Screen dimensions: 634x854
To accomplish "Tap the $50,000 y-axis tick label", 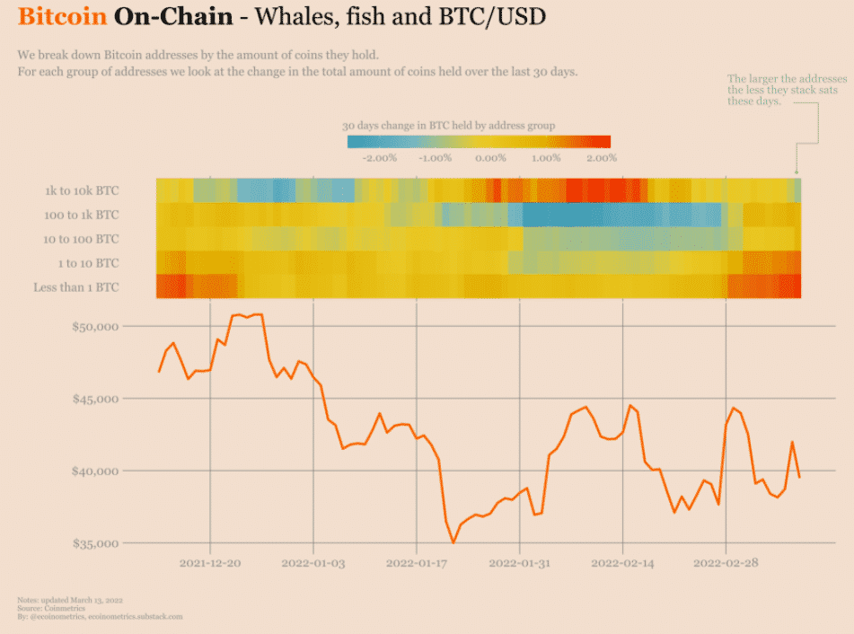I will click(x=94, y=326).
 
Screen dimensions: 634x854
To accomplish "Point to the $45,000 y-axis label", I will click(x=94, y=399).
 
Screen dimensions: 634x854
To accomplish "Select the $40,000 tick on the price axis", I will click(x=94, y=471).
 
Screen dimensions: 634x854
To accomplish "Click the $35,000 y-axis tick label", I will click(x=94, y=543).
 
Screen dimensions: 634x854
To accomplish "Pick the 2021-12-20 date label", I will click(x=210, y=563).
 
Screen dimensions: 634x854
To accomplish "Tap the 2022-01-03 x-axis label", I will click(x=313, y=563).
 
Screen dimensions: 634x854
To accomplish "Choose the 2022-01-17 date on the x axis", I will click(x=417, y=563).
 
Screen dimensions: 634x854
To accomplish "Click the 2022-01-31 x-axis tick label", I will click(x=520, y=563).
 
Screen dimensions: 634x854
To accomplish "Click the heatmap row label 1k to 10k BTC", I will click(x=82, y=190).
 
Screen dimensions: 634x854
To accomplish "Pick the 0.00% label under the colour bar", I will click(x=490, y=158).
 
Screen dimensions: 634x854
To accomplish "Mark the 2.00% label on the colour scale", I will click(x=601, y=158).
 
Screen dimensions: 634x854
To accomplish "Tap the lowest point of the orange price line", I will click(x=453, y=542).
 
